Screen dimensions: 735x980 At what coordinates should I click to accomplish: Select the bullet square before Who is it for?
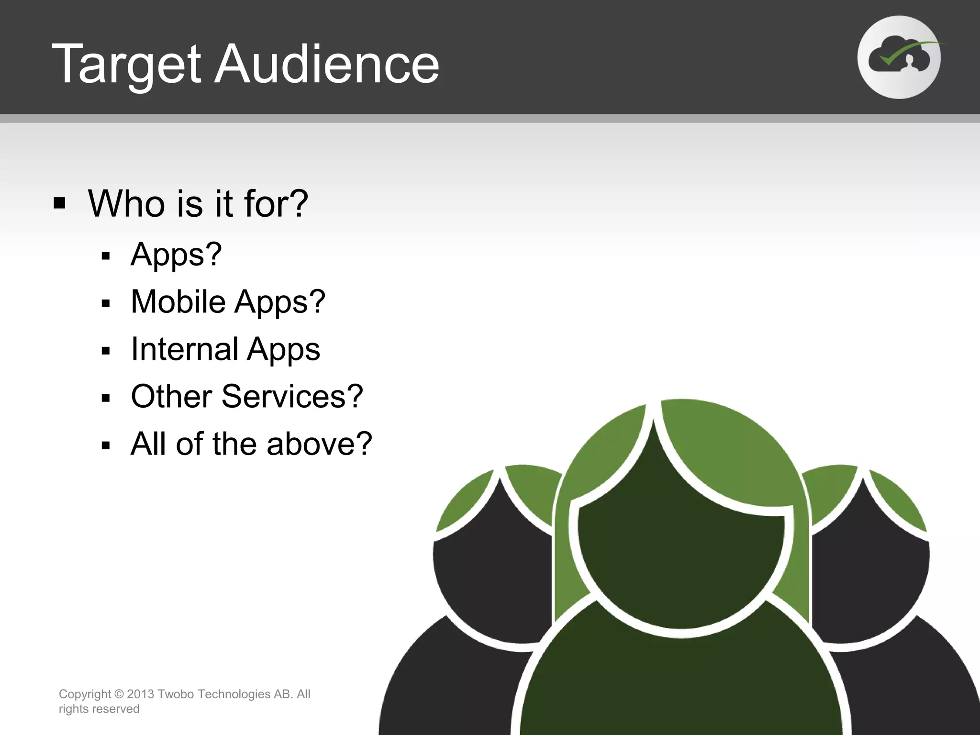click(x=59, y=203)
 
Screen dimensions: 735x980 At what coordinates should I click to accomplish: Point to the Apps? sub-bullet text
click(x=176, y=254)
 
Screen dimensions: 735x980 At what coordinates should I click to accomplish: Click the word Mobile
click(x=178, y=301)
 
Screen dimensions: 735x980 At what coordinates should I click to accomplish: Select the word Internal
click(x=184, y=349)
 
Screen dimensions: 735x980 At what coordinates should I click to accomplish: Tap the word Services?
click(x=292, y=396)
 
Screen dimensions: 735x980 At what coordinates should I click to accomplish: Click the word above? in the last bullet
click(x=319, y=444)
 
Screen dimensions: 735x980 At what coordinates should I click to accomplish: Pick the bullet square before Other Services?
click(x=106, y=398)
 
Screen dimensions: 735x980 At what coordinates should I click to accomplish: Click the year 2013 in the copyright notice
click(x=140, y=694)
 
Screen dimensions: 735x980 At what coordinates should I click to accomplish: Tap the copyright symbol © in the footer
click(x=119, y=694)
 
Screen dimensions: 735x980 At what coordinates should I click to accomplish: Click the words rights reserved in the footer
click(x=99, y=709)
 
